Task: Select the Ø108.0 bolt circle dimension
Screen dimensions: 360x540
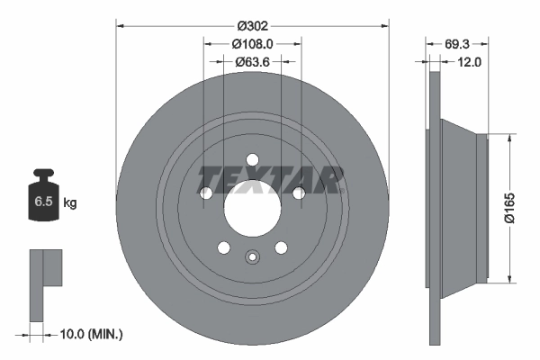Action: (x=251, y=43)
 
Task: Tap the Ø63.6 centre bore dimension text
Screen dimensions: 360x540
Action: (x=251, y=62)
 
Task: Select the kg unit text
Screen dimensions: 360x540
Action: (x=69, y=203)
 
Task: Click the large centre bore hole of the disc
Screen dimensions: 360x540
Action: (x=252, y=209)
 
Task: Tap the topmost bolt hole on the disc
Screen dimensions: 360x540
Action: (x=252, y=160)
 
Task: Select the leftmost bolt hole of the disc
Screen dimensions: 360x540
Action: (x=206, y=193)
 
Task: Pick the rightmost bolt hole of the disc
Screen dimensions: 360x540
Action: (x=298, y=192)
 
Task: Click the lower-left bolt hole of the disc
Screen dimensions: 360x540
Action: (x=224, y=247)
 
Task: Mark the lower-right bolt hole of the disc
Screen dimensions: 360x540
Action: (x=281, y=247)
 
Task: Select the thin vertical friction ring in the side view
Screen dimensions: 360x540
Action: (x=436, y=207)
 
